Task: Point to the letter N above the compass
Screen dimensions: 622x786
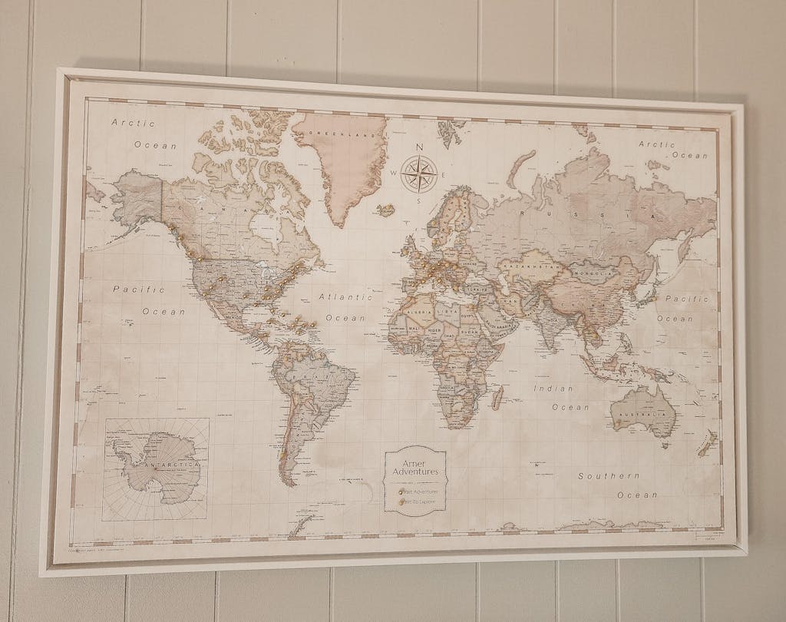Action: pyautogui.click(x=419, y=147)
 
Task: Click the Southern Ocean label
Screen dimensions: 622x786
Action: pyautogui.click(x=618, y=485)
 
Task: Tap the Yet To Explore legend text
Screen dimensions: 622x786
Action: pyautogui.click(x=419, y=501)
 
